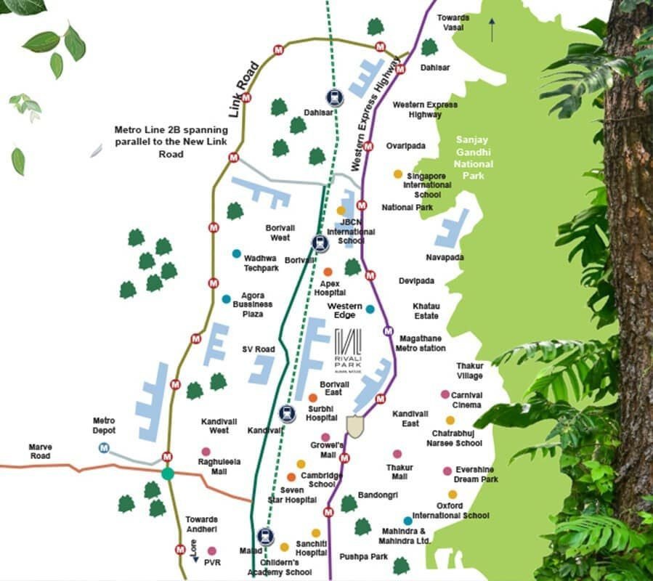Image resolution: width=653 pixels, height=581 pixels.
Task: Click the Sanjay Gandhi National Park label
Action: pyautogui.click(x=473, y=157)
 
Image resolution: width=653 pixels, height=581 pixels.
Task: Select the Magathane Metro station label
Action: pyautogui.click(x=421, y=343)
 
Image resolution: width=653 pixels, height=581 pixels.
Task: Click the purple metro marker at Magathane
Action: pyautogui.click(x=388, y=331)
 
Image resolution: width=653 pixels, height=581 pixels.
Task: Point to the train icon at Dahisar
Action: pyautogui.click(x=333, y=97)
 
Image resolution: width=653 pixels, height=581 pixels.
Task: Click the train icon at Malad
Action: pyautogui.click(x=266, y=536)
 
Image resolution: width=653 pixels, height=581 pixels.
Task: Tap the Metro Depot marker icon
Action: pyautogui.click(x=105, y=447)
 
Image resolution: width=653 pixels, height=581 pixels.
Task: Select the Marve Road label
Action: pyautogui.click(x=40, y=451)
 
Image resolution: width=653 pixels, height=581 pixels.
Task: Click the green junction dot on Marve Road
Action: pyautogui.click(x=168, y=474)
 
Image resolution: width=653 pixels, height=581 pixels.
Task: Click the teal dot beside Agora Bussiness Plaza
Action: pyautogui.click(x=227, y=298)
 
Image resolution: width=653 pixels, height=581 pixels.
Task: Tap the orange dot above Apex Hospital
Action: pyautogui.click(x=328, y=272)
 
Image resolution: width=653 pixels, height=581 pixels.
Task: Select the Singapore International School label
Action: pyautogui.click(x=426, y=185)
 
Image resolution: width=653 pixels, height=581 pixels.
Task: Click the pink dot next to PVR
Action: pyautogui.click(x=211, y=550)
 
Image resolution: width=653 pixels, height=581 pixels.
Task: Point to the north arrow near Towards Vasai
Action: pyautogui.click(x=492, y=30)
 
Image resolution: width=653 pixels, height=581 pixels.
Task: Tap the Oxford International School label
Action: pyautogui.click(x=450, y=511)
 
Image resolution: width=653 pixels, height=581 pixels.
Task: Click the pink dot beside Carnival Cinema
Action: pyautogui.click(x=445, y=394)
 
